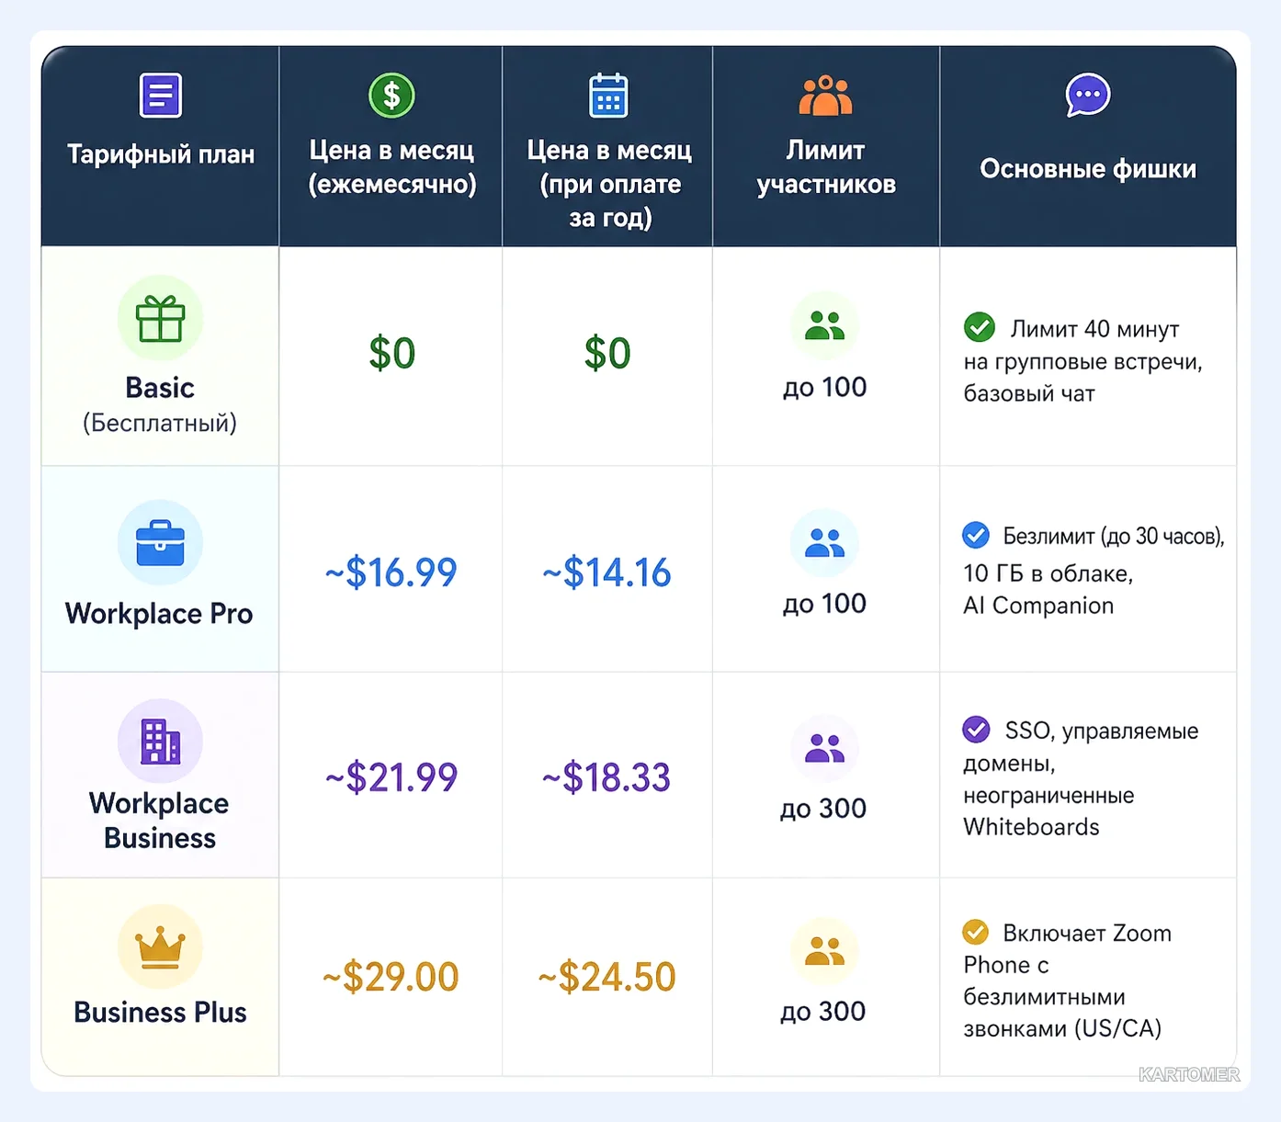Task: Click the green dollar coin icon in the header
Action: (x=391, y=96)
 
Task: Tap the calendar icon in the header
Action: (x=608, y=96)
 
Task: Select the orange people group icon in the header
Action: (x=825, y=96)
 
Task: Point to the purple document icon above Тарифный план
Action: (x=160, y=96)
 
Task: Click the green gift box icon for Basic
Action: (x=160, y=318)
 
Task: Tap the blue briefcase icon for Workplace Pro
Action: (x=160, y=543)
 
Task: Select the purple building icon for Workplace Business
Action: (x=160, y=742)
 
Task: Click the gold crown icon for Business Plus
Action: (x=160, y=946)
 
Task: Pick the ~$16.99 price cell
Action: (x=391, y=572)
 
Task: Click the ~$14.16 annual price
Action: (x=606, y=572)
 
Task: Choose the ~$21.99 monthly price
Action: (x=391, y=777)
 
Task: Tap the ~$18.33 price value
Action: (x=606, y=777)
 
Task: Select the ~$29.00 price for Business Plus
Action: (x=391, y=976)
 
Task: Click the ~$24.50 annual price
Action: (x=606, y=976)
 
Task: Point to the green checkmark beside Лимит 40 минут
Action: (x=980, y=327)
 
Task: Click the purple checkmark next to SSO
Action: (x=976, y=729)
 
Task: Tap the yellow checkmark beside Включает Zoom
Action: (x=975, y=932)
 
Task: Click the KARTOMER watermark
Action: (x=1189, y=1074)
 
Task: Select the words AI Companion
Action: (x=1038, y=606)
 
